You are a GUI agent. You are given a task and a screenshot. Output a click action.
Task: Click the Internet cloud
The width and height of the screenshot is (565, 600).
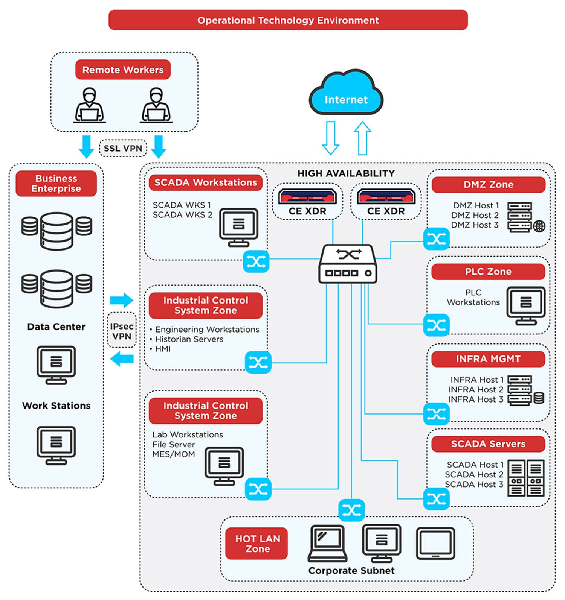pos(346,94)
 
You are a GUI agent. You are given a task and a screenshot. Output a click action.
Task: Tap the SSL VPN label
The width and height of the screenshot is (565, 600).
pos(123,148)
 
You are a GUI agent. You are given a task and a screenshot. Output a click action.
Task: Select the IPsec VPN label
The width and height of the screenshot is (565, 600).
pos(122,331)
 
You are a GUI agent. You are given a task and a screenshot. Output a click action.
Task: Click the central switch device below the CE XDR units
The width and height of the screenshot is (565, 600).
pos(347,264)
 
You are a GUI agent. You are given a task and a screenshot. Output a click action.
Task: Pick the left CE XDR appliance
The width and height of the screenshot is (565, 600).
pos(307,197)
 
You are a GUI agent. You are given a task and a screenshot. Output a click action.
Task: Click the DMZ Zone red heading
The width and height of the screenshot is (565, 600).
pos(488,185)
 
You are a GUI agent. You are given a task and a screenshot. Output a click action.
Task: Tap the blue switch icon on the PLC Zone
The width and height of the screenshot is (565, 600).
pos(436,325)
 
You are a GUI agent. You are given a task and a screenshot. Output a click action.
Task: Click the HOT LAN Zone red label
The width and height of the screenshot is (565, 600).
pos(257,544)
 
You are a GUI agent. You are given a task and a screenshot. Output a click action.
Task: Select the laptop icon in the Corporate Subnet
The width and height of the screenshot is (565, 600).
pos(327,543)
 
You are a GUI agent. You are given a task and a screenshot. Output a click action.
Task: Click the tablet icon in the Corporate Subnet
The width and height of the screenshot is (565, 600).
pos(435,543)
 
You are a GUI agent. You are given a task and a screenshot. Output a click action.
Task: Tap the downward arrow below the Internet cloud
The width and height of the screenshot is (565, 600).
pos(330,138)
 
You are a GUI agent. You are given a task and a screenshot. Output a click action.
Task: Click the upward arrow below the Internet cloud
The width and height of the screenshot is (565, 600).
pos(362,138)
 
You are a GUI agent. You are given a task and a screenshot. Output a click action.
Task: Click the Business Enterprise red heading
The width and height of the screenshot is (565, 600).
pos(56,184)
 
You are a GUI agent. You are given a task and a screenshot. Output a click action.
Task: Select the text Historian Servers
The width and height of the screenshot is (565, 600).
pos(189,339)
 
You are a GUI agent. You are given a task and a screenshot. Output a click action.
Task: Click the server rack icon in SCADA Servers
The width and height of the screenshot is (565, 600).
pos(526,478)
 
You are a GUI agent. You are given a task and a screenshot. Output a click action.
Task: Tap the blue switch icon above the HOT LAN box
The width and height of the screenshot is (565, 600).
pos(351,510)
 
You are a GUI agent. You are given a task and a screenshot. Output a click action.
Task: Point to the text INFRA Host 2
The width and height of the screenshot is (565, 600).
pos(476,390)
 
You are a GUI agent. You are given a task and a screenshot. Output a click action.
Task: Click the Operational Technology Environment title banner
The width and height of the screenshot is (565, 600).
pos(288,20)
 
